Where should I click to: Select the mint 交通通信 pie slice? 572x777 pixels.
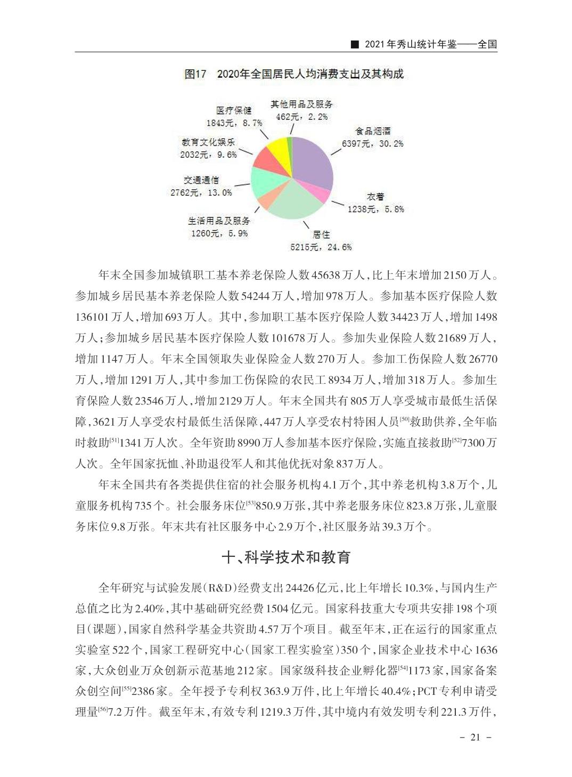(x=263, y=183)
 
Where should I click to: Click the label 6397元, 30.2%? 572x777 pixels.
(x=372, y=143)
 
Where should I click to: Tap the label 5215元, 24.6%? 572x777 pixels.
(x=321, y=247)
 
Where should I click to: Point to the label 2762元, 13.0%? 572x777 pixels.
(x=201, y=192)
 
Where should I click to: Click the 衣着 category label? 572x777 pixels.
(x=375, y=197)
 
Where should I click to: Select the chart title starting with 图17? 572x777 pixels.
(x=294, y=74)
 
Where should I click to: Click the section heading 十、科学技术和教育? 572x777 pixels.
(x=286, y=557)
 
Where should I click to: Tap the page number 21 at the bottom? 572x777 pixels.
(x=476, y=738)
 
